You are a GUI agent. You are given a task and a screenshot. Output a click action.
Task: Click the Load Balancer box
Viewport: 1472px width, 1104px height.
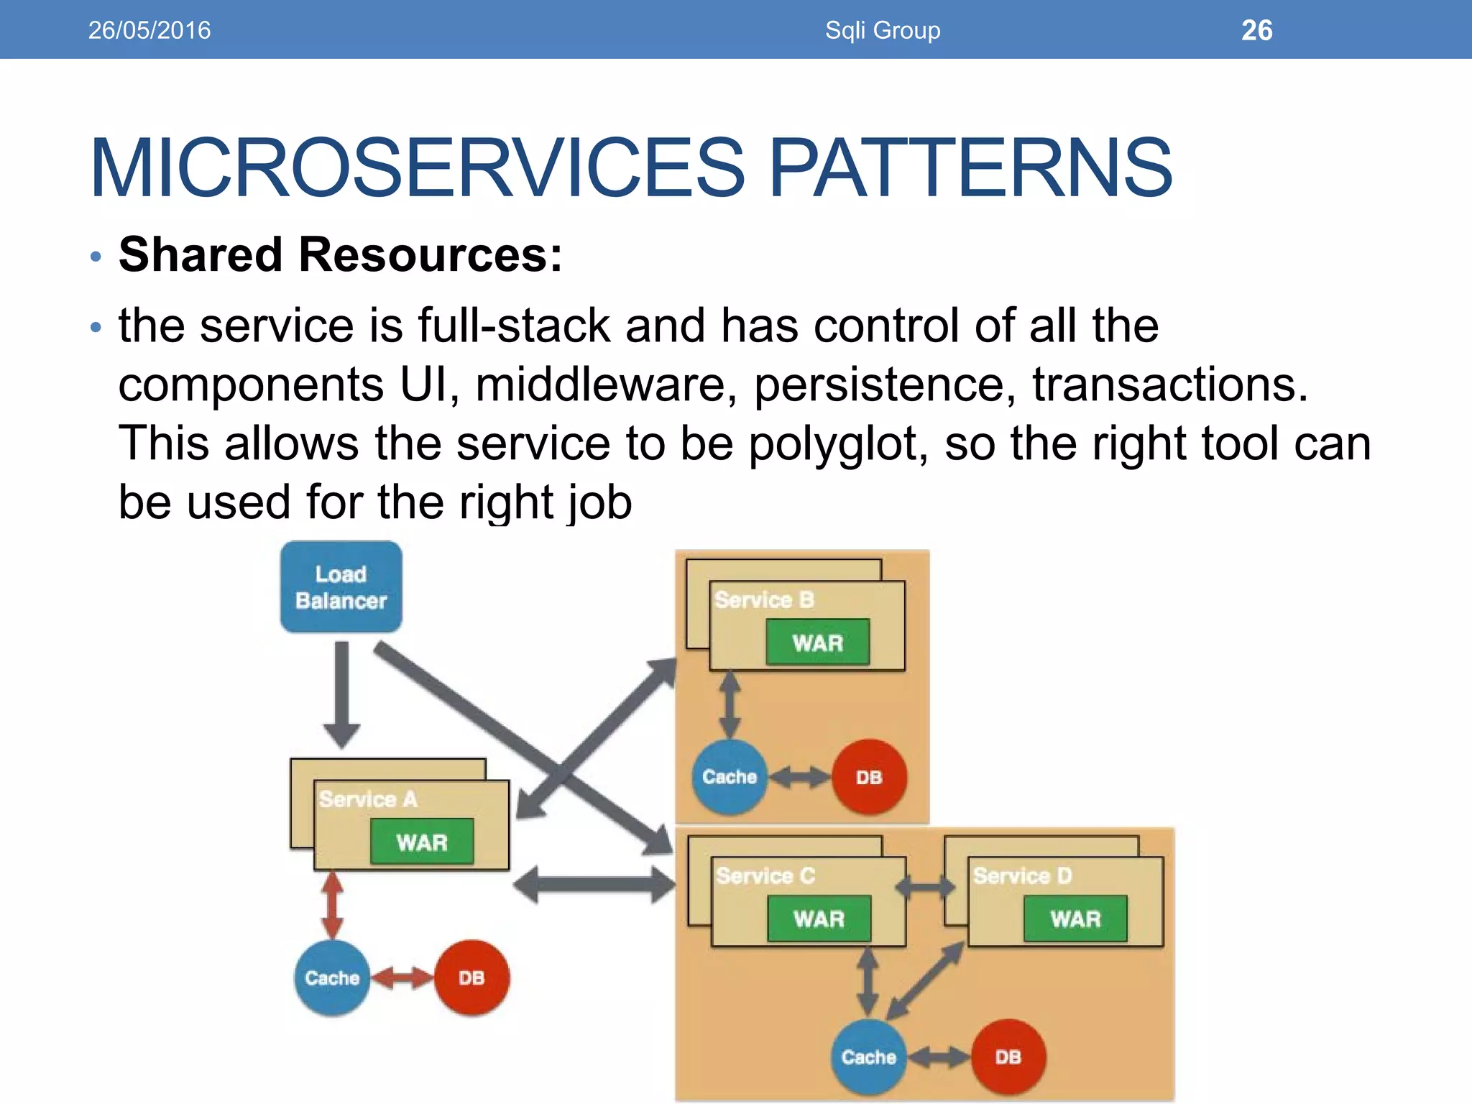[x=341, y=587]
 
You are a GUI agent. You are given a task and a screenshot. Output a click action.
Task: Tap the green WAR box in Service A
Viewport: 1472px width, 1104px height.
[x=422, y=842]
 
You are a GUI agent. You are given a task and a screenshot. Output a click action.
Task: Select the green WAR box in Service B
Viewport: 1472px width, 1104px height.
[x=817, y=642]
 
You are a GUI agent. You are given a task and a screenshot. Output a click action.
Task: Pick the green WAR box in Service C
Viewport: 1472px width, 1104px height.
[x=819, y=919]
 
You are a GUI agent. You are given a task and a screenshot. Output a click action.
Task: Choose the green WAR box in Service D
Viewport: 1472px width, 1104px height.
[x=1075, y=919]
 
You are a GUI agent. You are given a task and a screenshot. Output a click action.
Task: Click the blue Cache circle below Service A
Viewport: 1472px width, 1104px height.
[x=332, y=977]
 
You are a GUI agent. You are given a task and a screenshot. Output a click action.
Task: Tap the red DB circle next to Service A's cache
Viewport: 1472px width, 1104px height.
[x=471, y=977]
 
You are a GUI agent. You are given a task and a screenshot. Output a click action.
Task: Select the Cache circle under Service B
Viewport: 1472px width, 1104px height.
[x=730, y=777]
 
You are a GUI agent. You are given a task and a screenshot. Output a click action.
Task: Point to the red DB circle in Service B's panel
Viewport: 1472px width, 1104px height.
[x=868, y=777]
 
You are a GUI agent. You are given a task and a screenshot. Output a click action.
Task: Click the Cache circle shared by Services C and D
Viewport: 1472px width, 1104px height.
[x=868, y=1057]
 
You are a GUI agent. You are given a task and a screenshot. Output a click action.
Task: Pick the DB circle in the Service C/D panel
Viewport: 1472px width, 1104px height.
[x=1008, y=1057]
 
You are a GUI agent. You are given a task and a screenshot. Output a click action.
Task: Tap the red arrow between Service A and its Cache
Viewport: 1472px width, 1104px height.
[x=332, y=906]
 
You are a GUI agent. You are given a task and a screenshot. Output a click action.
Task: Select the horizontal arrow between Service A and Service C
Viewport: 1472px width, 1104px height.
[x=595, y=885]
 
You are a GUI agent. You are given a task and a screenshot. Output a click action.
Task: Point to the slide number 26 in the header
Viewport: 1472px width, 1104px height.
[x=1256, y=30]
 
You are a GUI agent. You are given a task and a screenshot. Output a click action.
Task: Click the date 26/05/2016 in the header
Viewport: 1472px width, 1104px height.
[x=149, y=30]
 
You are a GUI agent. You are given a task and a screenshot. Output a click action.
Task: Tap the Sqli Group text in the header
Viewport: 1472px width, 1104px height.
[x=883, y=30]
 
